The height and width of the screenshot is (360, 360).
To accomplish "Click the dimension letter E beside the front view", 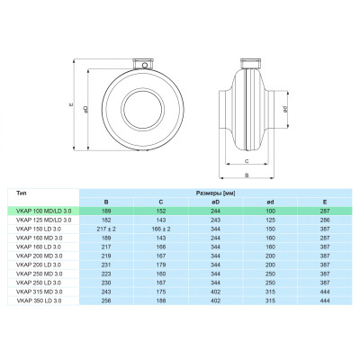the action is point(71,104).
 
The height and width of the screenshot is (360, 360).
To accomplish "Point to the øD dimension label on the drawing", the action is point(85,109).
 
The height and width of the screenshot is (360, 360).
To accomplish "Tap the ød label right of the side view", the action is point(285,110).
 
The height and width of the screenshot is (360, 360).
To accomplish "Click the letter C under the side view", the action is point(247,161).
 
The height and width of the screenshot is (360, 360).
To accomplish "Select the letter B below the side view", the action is point(247,175).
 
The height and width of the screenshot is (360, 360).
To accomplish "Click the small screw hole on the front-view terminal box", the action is point(145,65).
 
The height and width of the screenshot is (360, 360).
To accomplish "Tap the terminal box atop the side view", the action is point(250,63).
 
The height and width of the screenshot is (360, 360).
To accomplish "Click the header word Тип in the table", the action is point(22,193).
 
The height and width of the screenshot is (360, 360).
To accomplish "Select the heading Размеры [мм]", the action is point(215,193).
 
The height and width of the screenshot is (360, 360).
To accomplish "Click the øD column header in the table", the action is point(215,202).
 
